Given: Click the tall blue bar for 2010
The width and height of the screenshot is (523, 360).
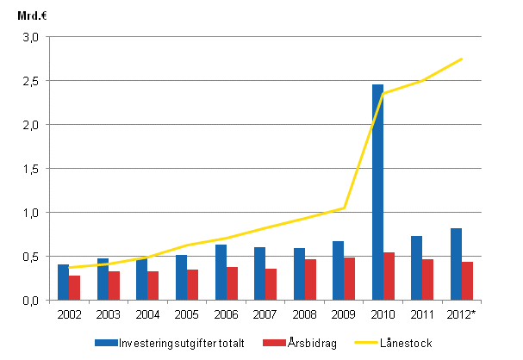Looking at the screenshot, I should pyautogui.click(x=377, y=192).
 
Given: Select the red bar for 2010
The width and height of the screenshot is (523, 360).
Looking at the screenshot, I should pyautogui.click(x=389, y=276).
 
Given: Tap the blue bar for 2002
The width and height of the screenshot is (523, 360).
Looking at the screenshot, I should pyautogui.click(x=63, y=282).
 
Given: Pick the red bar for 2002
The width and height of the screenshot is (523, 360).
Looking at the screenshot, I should pyautogui.click(x=75, y=288).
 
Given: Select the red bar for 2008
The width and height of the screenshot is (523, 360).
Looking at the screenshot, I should pyautogui.click(x=310, y=279).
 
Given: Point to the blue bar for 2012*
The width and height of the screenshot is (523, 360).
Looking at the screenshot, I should pyautogui.click(x=456, y=264).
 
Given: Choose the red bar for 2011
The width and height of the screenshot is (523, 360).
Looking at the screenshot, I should pyautogui.click(x=428, y=279).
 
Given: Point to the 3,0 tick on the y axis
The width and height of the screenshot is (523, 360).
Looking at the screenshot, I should pyautogui.click(x=31, y=37).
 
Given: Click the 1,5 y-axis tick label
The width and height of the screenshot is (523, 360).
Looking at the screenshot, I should pyautogui.click(x=31, y=169).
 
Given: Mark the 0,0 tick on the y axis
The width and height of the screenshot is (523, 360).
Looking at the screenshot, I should pyautogui.click(x=31, y=301).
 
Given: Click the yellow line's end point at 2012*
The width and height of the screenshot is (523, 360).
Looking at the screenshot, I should pyautogui.click(x=462, y=59).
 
